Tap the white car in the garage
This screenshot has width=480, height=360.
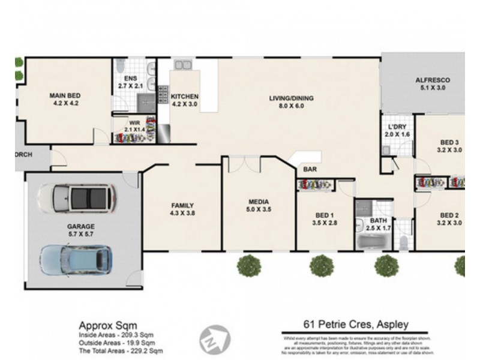76,197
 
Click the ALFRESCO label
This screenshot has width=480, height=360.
433,80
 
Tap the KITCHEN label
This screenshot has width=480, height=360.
184,97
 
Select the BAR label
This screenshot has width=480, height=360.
310,170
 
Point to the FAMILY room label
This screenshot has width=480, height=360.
182,205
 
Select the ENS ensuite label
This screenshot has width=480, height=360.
131,79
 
